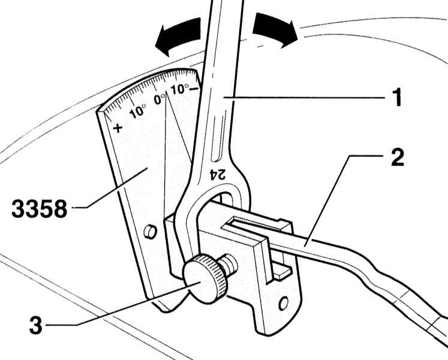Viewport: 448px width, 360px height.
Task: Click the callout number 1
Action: tap(396, 97)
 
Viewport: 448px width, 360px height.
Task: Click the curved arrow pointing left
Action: tap(178, 37)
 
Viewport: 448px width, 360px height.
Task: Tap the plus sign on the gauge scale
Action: tap(118, 127)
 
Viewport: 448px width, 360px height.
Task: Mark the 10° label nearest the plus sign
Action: tap(137, 110)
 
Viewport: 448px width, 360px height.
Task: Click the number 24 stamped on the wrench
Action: tap(218, 174)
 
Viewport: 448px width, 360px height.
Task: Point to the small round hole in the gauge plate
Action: tap(151, 231)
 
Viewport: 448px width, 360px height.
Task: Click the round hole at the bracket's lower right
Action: tap(282, 304)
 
